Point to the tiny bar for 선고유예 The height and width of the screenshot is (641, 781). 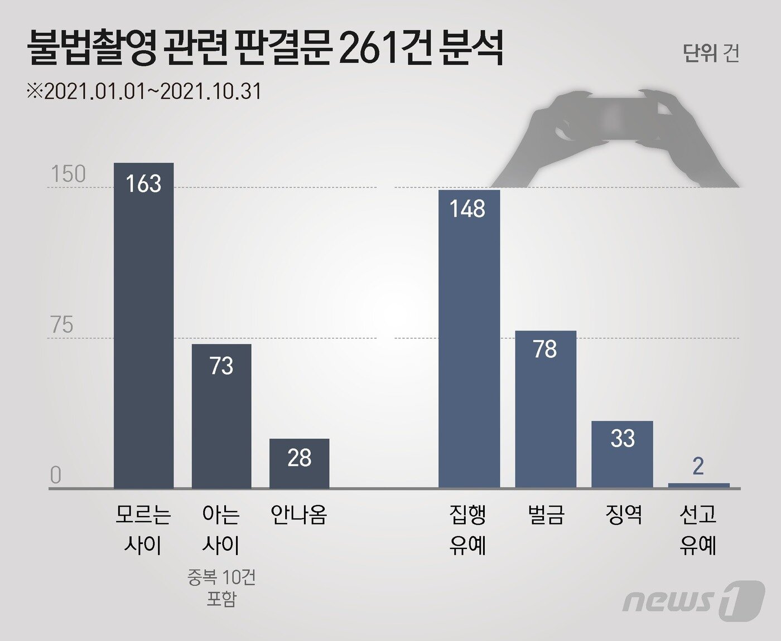698,485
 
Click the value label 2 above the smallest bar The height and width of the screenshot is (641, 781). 698,467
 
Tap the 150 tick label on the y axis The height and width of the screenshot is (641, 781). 69,174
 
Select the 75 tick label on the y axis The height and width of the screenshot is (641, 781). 62,325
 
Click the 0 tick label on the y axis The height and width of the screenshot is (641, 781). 56,475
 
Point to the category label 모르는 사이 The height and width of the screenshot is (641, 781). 143,530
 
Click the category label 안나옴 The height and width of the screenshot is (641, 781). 299,514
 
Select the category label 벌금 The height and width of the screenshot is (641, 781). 546,514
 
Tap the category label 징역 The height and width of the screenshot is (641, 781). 623,514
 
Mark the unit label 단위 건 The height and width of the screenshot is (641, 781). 711,53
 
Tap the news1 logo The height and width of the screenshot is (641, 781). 693,600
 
